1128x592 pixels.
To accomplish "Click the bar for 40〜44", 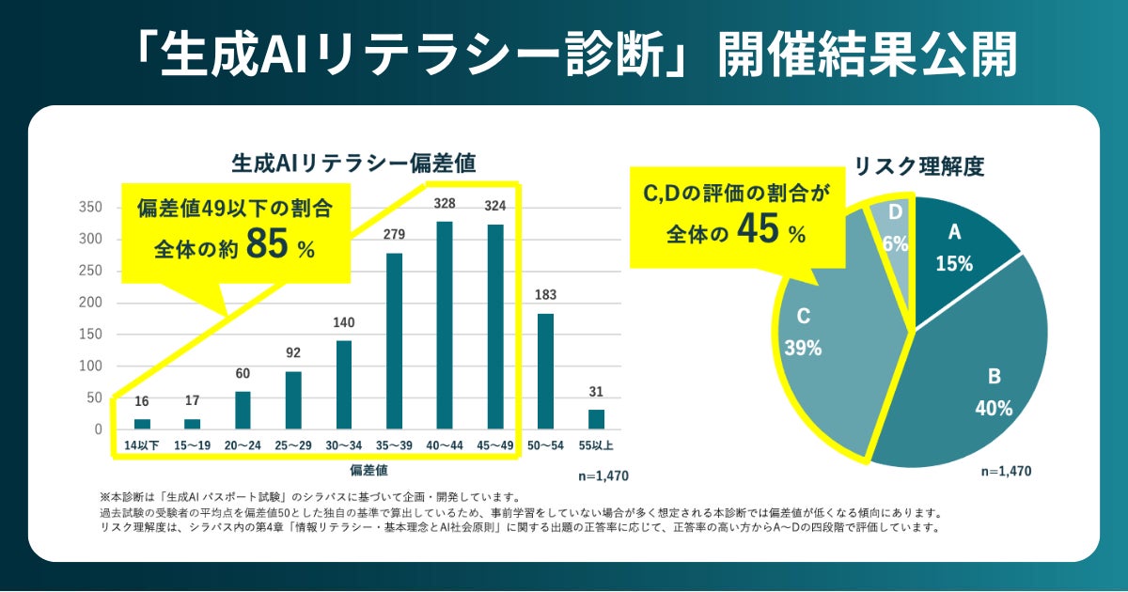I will (x=445, y=325).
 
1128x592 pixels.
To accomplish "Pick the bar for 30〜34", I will (x=344, y=384).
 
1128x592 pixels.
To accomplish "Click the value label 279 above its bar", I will (x=394, y=234).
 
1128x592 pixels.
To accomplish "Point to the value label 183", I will (x=545, y=294).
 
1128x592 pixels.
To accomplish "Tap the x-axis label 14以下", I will (x=142, y=444).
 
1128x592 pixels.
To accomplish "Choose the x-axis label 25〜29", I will (x=293, y=444).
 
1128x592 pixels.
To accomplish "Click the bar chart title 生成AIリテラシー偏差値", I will (x=353, y=163).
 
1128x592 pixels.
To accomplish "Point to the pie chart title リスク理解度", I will (x=918, y=167).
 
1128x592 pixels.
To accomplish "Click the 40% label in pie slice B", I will (x=994, y=408).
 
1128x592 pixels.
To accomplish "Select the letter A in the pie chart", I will (x=954, y=232).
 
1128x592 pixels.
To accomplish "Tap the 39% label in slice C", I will (x=803, y=348).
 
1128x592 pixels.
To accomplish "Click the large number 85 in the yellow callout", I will (x=267, y=246).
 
